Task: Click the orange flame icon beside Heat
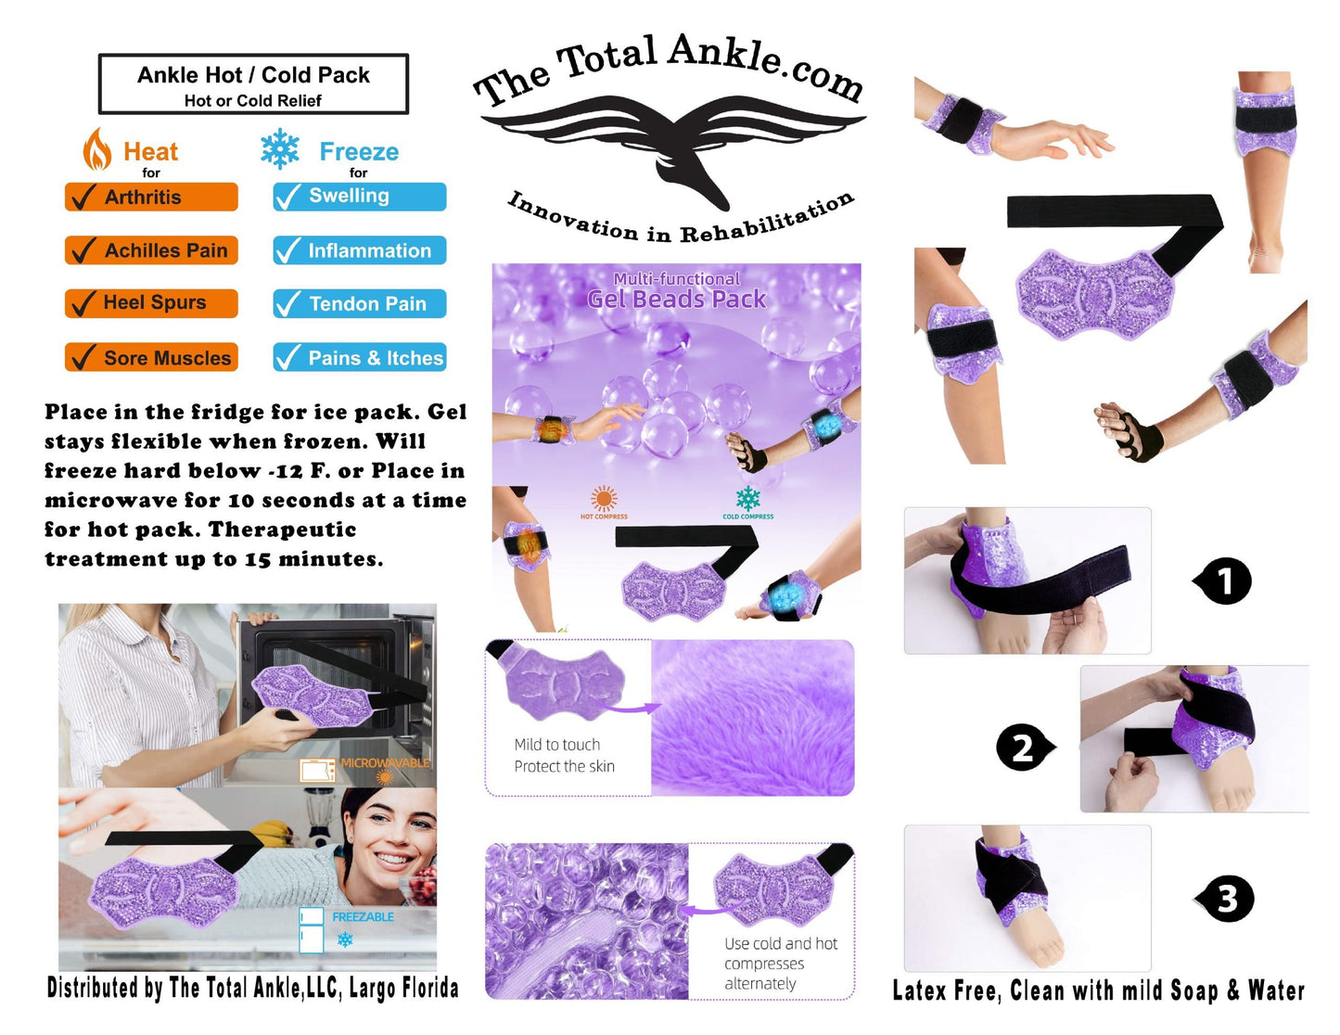[96, 149]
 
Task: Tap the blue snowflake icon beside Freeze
[279, 148]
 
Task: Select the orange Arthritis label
[151, 197]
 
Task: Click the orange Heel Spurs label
[151, 303]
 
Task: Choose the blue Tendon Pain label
[360, 303]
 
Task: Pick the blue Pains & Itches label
[360, 357]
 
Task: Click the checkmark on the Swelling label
[288, 198]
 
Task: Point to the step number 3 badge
[1225, 899]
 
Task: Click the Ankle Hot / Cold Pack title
[253, 75]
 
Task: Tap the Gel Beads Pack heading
[676, 299]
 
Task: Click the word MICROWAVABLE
[385, 762]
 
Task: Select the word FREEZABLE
[363, 916]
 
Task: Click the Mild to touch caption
[556, 745]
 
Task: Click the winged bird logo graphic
[673, 149]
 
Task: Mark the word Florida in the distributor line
[430, 988]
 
